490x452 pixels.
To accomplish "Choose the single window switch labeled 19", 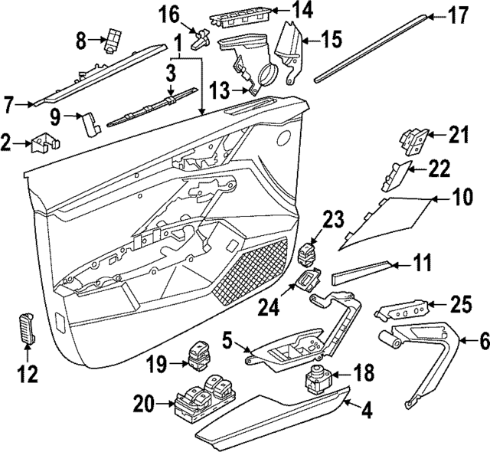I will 197,357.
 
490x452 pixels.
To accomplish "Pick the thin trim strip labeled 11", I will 360,271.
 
